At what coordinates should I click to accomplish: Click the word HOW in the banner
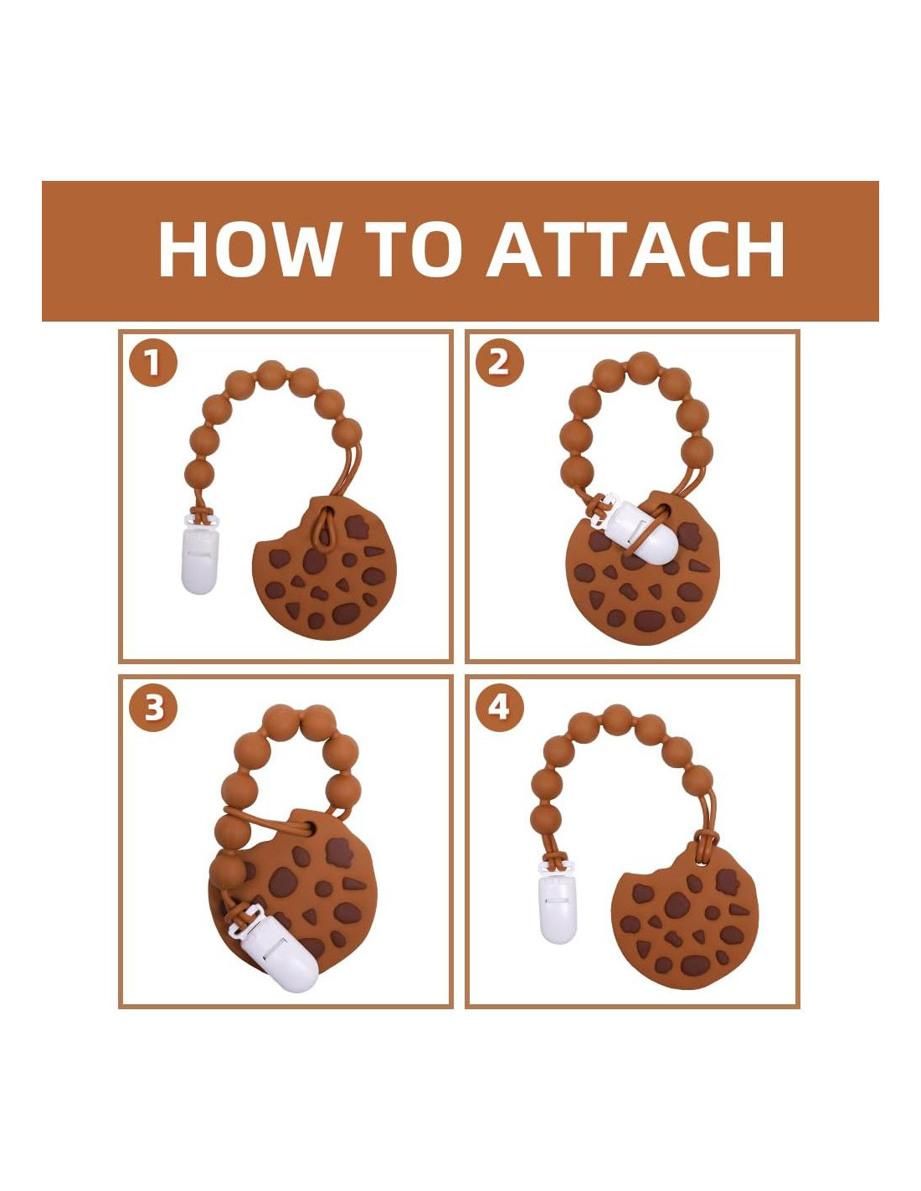[x=247, y=250]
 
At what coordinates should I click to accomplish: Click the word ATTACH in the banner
[x=635, y=250]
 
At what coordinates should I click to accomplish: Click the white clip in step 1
[x=199, y=554]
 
